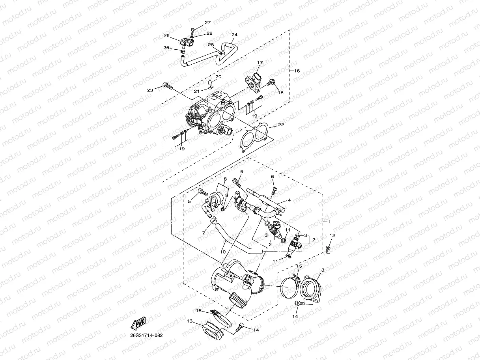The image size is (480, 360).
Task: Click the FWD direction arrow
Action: pos(138,324)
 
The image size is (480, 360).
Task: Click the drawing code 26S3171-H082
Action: pos(146,336)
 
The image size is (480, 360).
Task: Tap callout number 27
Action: pos(207,23)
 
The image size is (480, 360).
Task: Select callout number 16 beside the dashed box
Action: pos(297,71)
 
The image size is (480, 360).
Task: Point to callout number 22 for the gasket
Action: pos(281,125)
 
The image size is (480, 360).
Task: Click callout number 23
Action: pos(150,90)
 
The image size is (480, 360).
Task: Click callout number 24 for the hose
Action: pos(234,35)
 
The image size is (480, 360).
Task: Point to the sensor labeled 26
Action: pos(186,42)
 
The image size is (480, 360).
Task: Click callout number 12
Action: pos(332,235)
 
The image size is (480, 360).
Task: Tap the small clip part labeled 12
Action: pos(328,249)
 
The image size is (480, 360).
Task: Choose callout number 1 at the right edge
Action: pos(329,222)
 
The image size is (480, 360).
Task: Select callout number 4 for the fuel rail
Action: pos(289,200)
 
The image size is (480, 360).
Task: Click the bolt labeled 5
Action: pos(203,193)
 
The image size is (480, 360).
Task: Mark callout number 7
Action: pos(204,233)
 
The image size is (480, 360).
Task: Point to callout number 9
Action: pos(227,195)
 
